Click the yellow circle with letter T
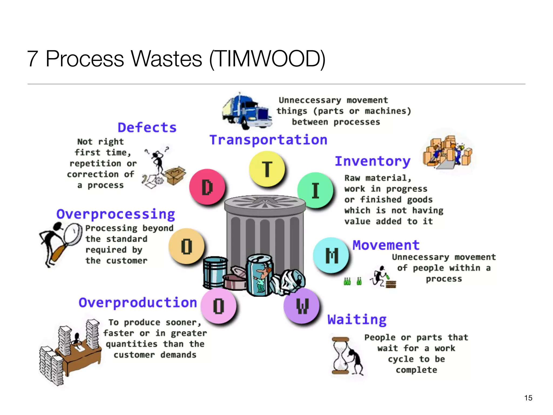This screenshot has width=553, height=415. [267, 169]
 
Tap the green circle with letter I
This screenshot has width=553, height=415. [315, 190]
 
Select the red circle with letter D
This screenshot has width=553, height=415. [207, 187]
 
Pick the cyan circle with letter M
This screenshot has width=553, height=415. [331, 255]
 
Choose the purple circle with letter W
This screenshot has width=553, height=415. [302, 306]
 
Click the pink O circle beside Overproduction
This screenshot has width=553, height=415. [218, 306]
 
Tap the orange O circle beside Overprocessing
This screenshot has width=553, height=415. [186, 246]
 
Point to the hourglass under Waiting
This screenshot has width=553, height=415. [341, 355]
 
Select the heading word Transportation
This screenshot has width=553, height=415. [268, 140]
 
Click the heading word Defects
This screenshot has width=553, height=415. [147, 128]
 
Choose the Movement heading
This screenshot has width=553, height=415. [386, 245]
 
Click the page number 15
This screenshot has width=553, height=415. [528, 398]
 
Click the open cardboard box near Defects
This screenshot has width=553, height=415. [175, 176]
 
